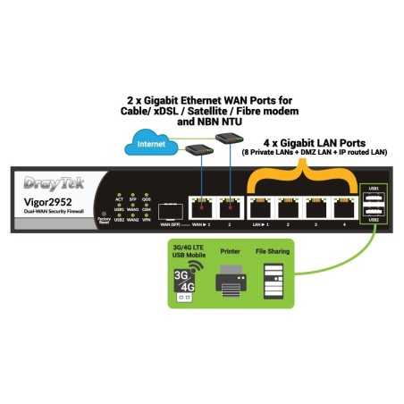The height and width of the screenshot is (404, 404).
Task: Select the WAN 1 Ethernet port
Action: (x=198, y=207)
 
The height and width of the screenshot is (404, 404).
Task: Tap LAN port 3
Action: (x=317, y=207)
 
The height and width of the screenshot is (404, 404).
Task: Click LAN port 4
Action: (x=346, y=207)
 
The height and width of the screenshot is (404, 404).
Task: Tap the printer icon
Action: (x=231, y=284)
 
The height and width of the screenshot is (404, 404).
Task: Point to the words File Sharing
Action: (x=271, y=252)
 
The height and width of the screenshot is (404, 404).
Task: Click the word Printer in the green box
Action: (x=231, y=252)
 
